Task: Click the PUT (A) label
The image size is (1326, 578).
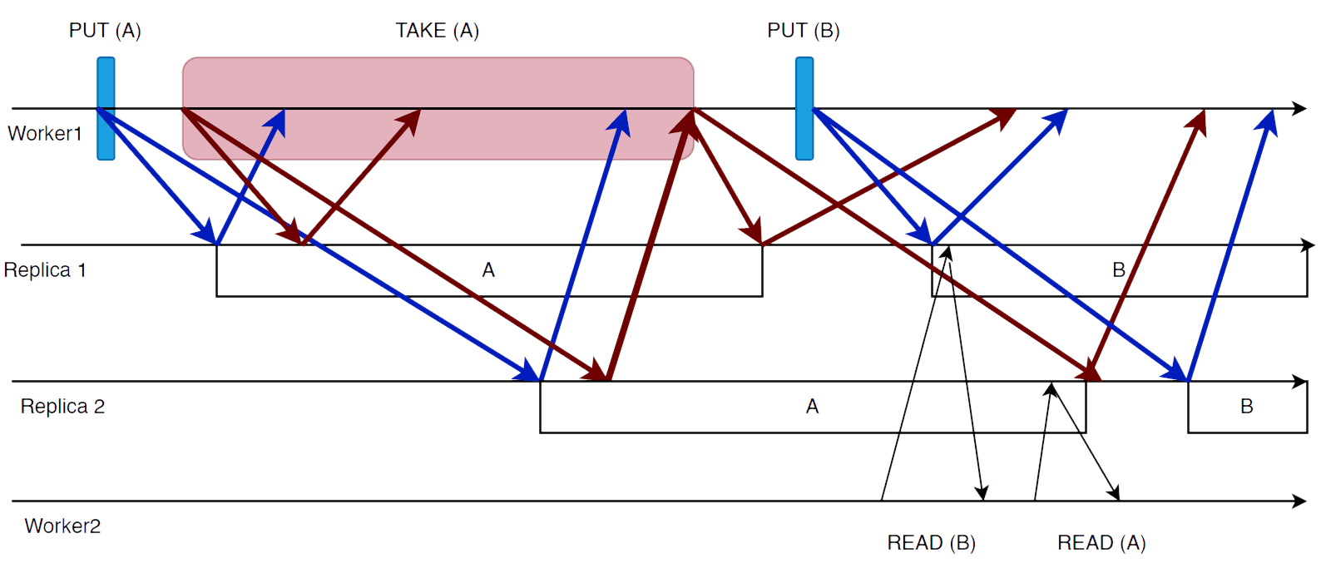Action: pos(105,31)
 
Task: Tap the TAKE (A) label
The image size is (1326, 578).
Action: pos(437,31)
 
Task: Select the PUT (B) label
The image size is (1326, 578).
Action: pos(803,31)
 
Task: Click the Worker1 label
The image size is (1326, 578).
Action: pos(45,134)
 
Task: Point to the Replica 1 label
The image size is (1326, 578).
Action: pos(45,270)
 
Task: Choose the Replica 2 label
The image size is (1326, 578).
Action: pos(62,407)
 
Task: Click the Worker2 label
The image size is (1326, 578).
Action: pos(62,526)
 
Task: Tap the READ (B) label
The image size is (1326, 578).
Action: pos(931,543)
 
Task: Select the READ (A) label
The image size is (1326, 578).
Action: pos(1101,543)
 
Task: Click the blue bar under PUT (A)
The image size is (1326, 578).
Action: pos(106,108)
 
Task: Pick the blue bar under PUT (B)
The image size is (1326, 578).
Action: pos(804,108)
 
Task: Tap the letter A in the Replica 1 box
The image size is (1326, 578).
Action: pos(488,270)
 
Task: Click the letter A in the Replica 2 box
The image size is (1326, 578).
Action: pos(812,407)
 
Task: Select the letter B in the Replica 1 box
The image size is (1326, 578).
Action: pos(1119,270)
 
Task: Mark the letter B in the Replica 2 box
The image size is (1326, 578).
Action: pos(1246,407)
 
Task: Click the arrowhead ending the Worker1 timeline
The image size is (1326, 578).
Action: pos(1299,108)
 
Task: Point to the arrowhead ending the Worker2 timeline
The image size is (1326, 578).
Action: pos(1299,501)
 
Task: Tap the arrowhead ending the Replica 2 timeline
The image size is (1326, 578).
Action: pos(1299,381)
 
